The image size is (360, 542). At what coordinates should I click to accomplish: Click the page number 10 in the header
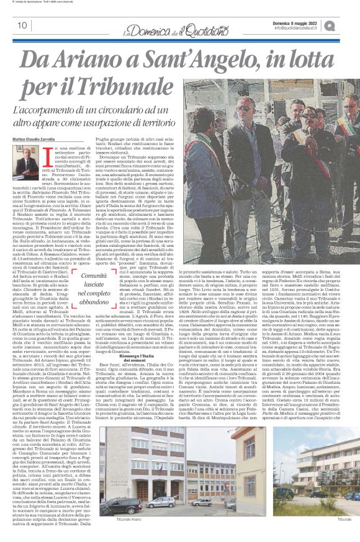pyautogui.click(x=14, y=25)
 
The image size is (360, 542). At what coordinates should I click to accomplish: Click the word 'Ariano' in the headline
pyautogui.click(x=104, y=60)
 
